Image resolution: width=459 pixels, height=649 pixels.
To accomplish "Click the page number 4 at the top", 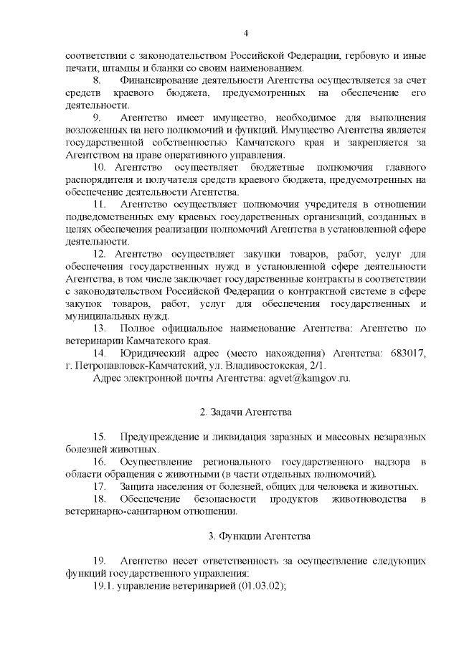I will (x=245, y=34).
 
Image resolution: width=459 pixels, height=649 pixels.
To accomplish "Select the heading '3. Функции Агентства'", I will (x=245, y=536).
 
